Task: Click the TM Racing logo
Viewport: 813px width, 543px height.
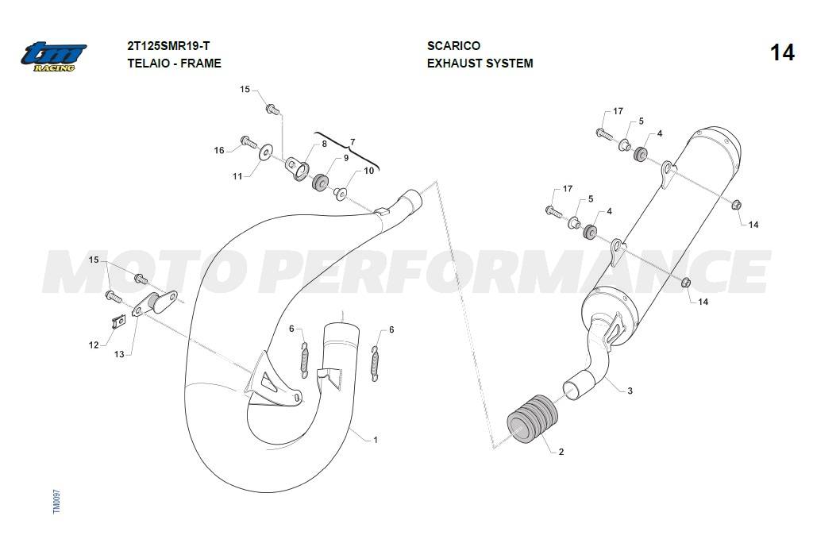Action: tap(53, 56)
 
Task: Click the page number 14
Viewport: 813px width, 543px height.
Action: tap(782, 53)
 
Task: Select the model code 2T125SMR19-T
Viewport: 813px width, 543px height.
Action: tap(168, 45)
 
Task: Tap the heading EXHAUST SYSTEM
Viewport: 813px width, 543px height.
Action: tap(480, 64)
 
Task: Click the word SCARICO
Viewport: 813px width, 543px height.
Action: tap(453, 45)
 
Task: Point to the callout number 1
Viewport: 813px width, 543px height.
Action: tap(376, 440)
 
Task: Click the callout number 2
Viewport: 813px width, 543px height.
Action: tap(561, 452)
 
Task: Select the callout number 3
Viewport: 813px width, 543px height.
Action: tap(630, 391)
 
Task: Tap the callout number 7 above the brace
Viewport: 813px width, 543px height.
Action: tap(353, 142)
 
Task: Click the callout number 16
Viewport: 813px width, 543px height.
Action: tap(219, 150)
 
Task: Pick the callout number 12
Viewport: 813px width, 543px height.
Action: tap(94, 345)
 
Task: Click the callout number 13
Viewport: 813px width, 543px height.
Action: tap(119, 354)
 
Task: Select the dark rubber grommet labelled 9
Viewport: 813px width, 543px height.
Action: tap(320, 181)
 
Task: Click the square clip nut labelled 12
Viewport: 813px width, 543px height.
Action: tap(119, 322)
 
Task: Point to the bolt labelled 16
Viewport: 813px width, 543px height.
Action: tap(249, 141)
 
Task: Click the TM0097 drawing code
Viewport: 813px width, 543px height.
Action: tap(56, 502)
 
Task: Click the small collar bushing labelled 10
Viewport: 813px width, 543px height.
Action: tap(340, 194)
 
